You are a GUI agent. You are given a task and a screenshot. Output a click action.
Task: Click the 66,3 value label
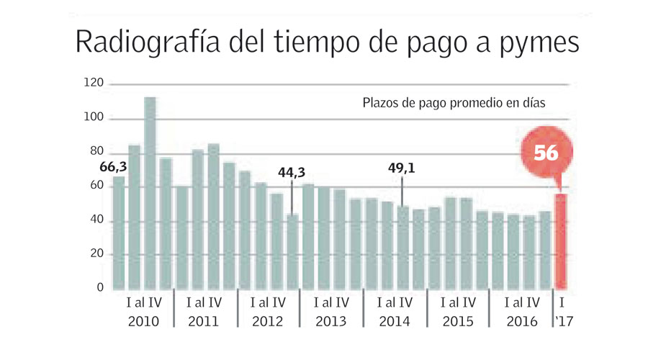coord(113,168)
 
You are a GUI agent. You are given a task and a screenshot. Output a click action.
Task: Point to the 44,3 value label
coord(292,172)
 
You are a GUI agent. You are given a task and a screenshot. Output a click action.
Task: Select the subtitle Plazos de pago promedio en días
coord(453,103)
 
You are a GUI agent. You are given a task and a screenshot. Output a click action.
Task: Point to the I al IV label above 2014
coord(395,302)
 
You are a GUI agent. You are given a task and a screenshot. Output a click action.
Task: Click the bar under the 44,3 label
coord(292,252)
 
